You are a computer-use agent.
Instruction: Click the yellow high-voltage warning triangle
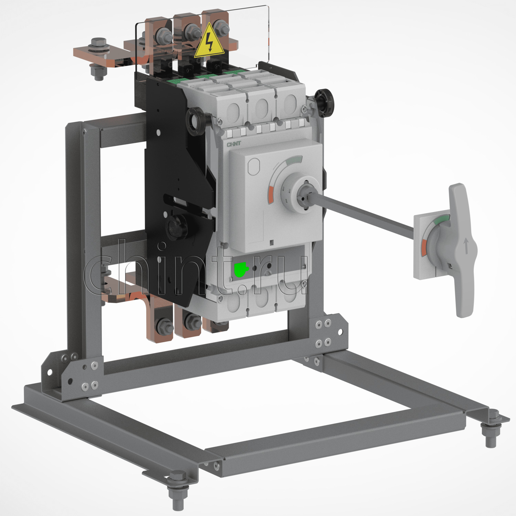tap(209, 42)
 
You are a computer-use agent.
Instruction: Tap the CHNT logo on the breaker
tap(234, 144)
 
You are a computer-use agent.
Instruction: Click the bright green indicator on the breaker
tap(241, 269)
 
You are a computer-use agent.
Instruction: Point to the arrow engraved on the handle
tap(466, 246)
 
